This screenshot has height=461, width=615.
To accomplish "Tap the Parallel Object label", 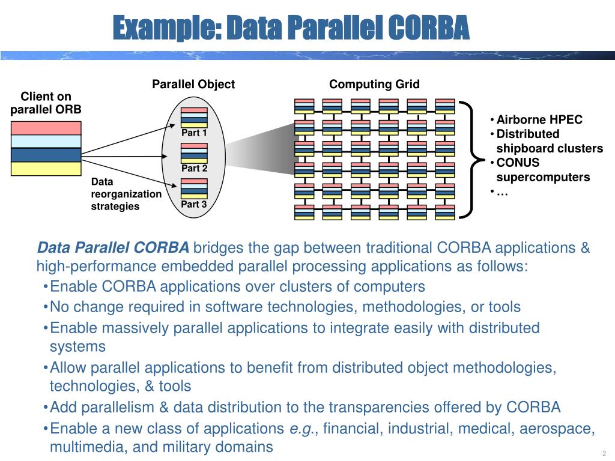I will [x=193, y=84].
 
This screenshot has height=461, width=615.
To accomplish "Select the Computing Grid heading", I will [x=374, y=84].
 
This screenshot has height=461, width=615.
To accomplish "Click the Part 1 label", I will [x=194, y=133].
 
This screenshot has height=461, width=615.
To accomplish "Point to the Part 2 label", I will [x=194, y=169].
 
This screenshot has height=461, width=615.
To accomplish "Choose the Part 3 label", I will [x=194, y=205].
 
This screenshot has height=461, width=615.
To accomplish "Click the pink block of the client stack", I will [x=46, y=128].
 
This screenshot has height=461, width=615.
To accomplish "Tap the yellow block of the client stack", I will [x=46, y=169].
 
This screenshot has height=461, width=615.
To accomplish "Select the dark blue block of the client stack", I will [x=46, y=155].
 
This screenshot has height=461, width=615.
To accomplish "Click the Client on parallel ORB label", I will [x=46, y=103].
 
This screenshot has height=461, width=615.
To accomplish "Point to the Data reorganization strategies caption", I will [x=126, y=194].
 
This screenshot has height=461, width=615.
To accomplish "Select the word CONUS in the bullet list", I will [x=518, y=163].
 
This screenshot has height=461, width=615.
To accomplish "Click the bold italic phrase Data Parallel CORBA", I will [x=113, y=248].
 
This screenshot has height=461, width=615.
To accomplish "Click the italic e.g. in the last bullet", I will [x=298, y=429].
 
